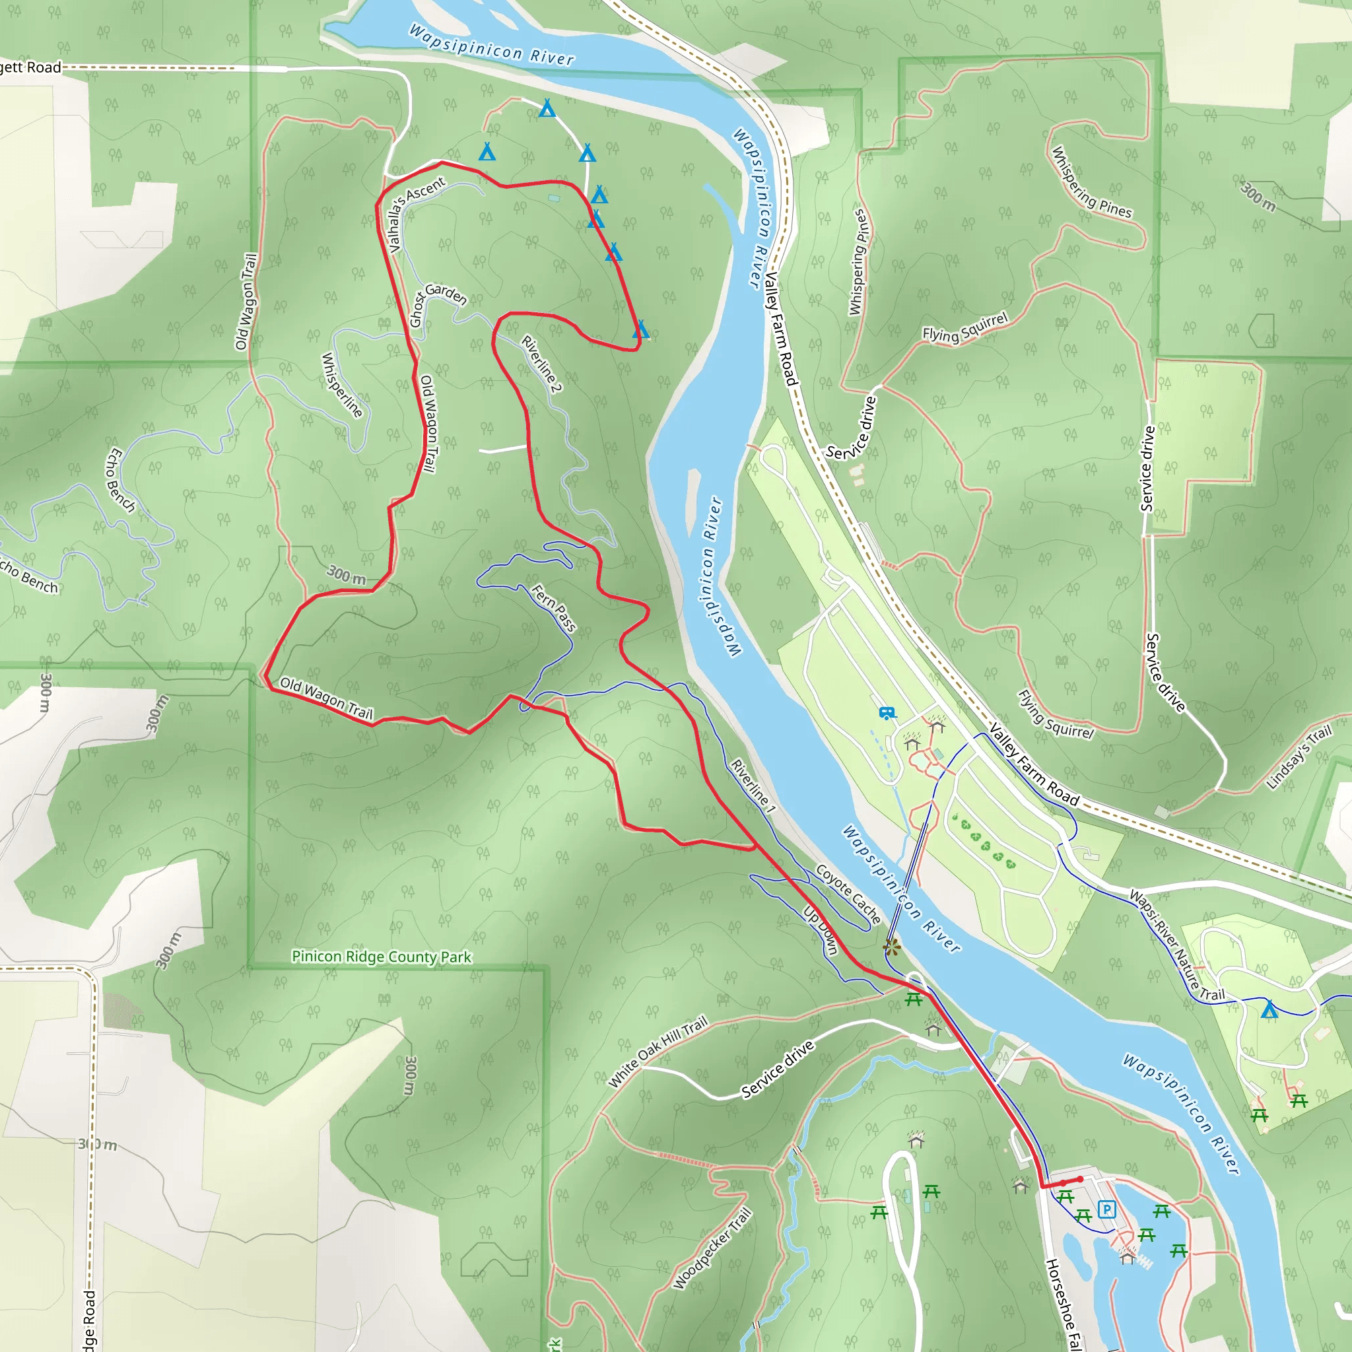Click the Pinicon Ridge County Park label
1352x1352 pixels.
(x=382, y=957)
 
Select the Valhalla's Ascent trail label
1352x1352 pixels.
(x=416, y=214)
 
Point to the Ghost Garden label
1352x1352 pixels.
(x=436, y=304)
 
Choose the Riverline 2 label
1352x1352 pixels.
(x=541, y=364)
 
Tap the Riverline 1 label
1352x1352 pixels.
(x=753, y=785)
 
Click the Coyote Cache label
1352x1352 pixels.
(x=848, y=894)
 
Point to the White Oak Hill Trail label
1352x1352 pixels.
(x=658, y=1052)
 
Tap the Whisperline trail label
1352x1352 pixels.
(x=342, y=385)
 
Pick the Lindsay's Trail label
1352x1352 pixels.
(x=1299, y=757)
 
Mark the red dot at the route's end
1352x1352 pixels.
(x=1080, y=1179)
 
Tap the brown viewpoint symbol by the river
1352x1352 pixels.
(x=891, y=947)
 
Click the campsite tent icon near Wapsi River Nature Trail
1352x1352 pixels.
(x=1269, y=1010)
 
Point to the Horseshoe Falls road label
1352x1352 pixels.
(x=1064, y=1303)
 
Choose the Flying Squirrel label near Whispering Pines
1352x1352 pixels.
(x=965, y=327)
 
